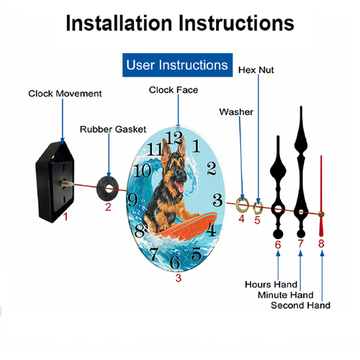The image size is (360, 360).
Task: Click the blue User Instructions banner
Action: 177,65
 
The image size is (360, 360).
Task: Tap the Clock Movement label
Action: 65,94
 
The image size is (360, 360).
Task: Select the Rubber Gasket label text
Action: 113,130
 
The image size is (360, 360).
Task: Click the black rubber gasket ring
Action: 107,189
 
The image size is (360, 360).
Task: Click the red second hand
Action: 321,196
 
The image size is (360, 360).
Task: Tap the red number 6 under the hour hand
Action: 278,245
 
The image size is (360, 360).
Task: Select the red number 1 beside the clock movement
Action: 66,217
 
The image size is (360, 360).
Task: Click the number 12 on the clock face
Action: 174,138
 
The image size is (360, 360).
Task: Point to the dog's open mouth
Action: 179,186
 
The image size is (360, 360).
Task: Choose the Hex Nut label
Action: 256,70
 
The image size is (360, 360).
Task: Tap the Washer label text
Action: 236,112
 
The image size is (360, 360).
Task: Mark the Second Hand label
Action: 300,305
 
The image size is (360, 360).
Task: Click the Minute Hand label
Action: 286,295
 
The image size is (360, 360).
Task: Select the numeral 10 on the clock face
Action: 142,171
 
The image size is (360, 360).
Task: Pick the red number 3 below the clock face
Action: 179,278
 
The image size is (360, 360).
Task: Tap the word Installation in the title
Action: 119,23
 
